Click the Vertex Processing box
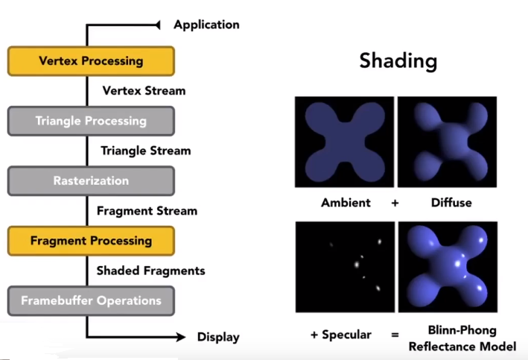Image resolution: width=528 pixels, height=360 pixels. click(x=91, y=61)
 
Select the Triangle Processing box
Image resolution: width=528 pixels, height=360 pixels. click(x=91, y=121)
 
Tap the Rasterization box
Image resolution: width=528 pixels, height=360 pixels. click(x=91, y=181)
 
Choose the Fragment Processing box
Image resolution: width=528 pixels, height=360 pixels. click(x=91, y=241)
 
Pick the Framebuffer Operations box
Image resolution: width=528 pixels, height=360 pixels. click(x=91, y=301)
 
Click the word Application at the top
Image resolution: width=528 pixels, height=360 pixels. click(x=206, y=25)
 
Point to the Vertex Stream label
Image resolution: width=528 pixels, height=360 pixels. click(x=144, y=91)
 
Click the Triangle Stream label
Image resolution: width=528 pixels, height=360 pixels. click(x=146, y=151)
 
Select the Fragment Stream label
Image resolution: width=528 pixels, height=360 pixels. click(x=147, y=211)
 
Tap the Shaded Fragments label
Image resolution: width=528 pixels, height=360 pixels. click(x=150, y=271)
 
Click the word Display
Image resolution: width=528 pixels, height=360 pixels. click(x=218, y=337)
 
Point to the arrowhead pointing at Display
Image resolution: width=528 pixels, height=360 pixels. click(x=180, y=337)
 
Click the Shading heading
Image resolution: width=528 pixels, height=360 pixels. click(x=398, y=60)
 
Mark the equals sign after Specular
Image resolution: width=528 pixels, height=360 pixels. click(x=395, y=335)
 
